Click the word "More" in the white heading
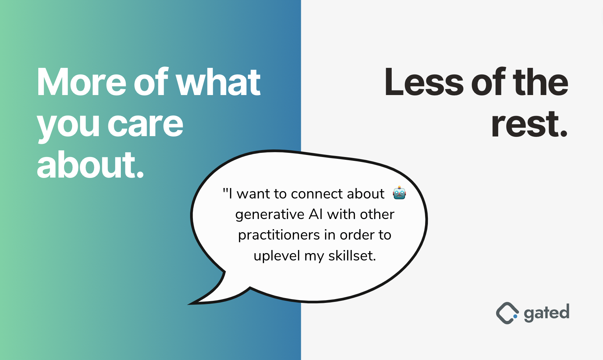pyautogui.click(x=81, y=82)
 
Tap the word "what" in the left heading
pyautogui.click(x=218, y=82)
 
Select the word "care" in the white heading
pyautogui.click(x=145, y=125)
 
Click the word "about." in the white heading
pyautogui.click(x=90, y=165)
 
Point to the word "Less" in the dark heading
pyautogui.click(x=424, y=82)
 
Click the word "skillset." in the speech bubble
pyautogui.click(x=352, y=256)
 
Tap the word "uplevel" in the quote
pyautogui.click(x=277, y=256)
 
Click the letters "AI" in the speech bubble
pyautogui.click(x=315, y=214)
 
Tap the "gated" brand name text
pyautogui.click(x=547, y=313)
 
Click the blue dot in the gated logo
pyautogui.click(x=515, y=316)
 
